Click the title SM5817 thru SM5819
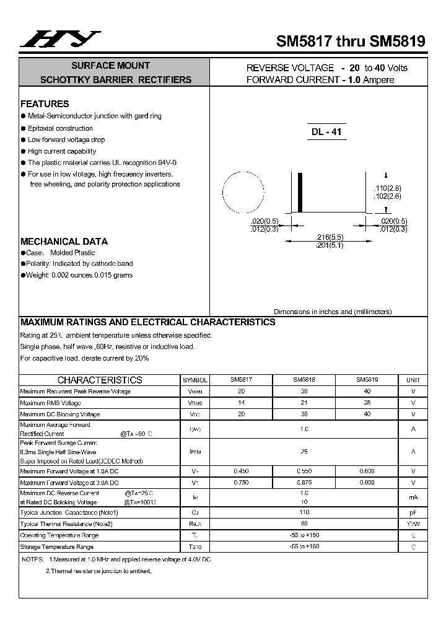pyautogui.click(x=350, y=42)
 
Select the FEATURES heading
pyautogui.click(x=45, y=104)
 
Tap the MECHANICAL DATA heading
pyautogui.click(x=64, y=242)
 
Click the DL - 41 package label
pyautogui.click(x=326, y=132)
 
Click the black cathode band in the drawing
pyautogui.click(x=301, y=193)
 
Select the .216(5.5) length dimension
pyautogui.click(x=330, y=237)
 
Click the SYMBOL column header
pyautogui.click(x=195, y=380)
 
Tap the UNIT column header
pyautogui.click(x=413, y=380)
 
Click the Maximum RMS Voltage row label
pyautogui.click(x=51, y=403)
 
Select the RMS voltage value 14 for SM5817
pyautogui.click(x=242, y=403)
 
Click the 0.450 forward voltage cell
pyautogui.click(x=242, y=471)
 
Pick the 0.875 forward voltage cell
pyautogui.click(x=304, y=483)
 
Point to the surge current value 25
pyautogui.click(x=304, y=452)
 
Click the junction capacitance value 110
pyautogui.click(x=304, y=512)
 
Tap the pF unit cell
pyautogui.click(x=413, y=512)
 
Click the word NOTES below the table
pyautogui.click(x=32, y=559)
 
